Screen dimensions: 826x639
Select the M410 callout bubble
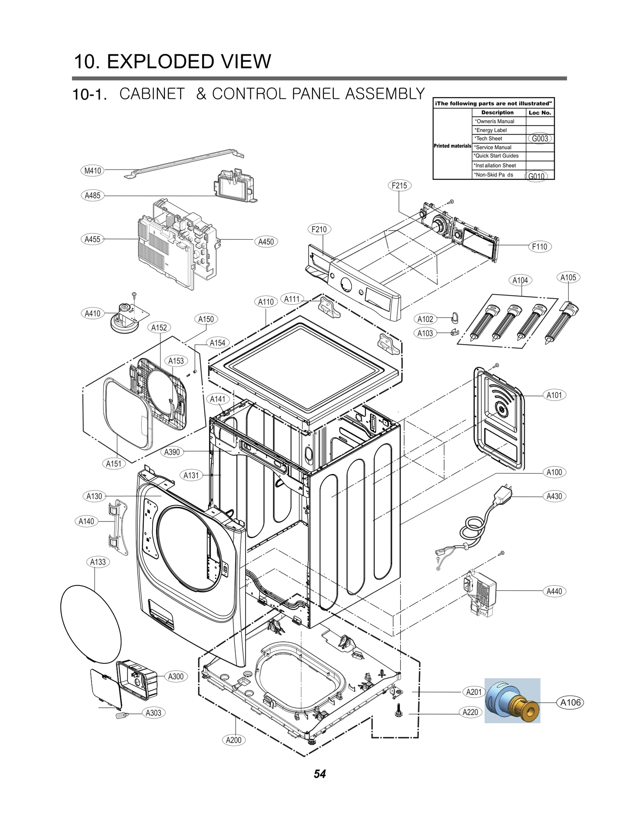tap(93, 171)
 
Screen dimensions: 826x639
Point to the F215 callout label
tap(399, 185)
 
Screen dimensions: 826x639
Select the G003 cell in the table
tap(540, 139)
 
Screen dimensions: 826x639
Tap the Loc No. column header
tap(540, 113)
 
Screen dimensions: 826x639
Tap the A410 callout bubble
tap(93, 313)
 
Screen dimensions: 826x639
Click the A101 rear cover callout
tap(554, 395)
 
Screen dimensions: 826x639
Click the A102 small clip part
tap(454, 318)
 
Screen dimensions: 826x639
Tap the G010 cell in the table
tap(536, 176)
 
